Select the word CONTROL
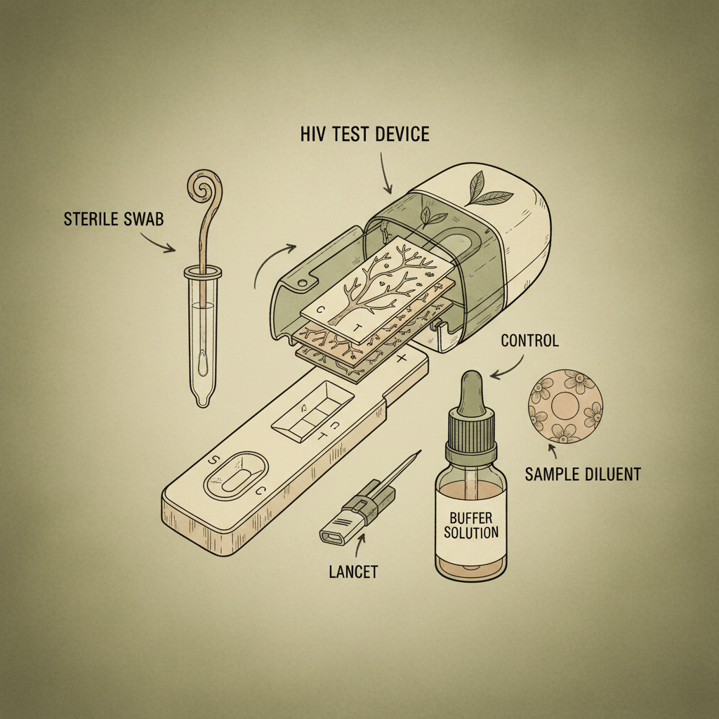point(529,341)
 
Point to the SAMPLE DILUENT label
point(583,474)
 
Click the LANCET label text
point(353,571)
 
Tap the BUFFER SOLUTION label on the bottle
point(470,525)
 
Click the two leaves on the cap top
point(480,189)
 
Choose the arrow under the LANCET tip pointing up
point(362,544)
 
